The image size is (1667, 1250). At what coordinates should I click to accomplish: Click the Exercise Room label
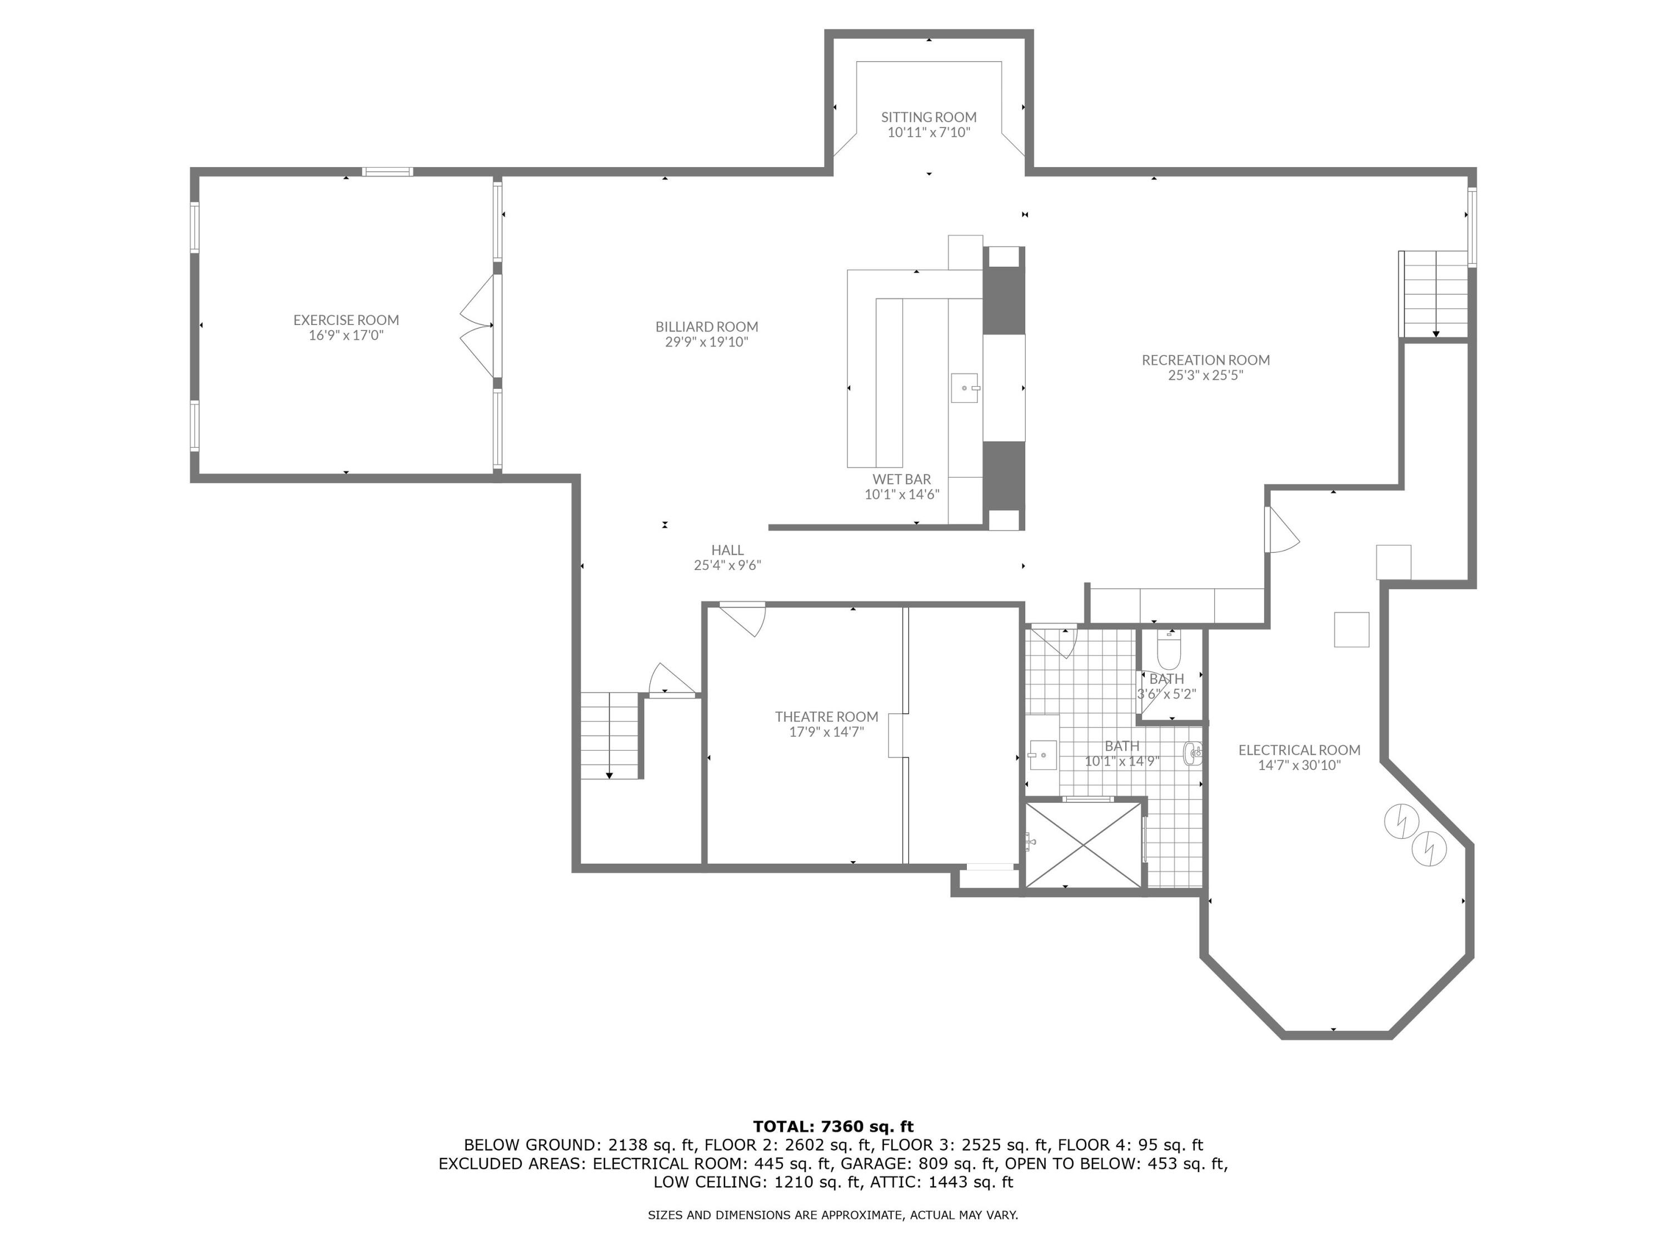(346, 320)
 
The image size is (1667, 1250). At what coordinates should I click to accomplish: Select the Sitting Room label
(929, 117)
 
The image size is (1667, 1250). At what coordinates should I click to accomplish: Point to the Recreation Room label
(1205, 360)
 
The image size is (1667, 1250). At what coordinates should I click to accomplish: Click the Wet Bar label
(901, 479)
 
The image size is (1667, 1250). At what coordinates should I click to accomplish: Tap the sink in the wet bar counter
(965, 387)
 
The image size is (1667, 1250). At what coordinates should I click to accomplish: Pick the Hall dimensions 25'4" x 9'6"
(727, 565)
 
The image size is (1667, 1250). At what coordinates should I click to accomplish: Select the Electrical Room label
(1299, 749)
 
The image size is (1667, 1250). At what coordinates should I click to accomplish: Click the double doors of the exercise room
(477, 326)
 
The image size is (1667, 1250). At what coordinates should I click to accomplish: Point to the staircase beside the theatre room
(610, 736)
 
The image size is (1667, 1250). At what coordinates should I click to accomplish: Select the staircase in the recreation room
(1434, 294)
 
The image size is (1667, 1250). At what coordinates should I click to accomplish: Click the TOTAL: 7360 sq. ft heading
(833, 1127)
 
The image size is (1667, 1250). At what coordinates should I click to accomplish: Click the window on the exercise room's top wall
(387, 172)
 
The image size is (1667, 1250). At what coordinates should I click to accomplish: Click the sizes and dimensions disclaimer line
(833, 1214)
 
